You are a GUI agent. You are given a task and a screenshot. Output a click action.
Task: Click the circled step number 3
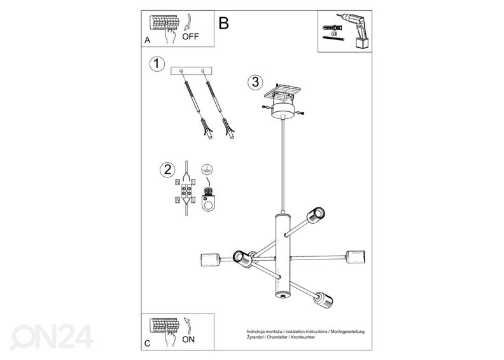pyautogui.click(x=254, y=81)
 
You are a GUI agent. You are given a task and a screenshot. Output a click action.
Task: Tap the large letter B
pyautogui.click(x=223, y=24)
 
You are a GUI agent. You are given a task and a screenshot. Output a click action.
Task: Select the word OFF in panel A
pyautogui.click(x=190, y=36)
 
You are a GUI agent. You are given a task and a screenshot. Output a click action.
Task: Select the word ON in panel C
pyautogui.click(x=188, y=339)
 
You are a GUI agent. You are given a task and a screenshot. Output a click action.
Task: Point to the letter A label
pyautogui.click(x=147, y=39)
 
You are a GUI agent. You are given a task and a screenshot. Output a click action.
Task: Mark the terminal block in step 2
pyautogui.click(x=189, y=190)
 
